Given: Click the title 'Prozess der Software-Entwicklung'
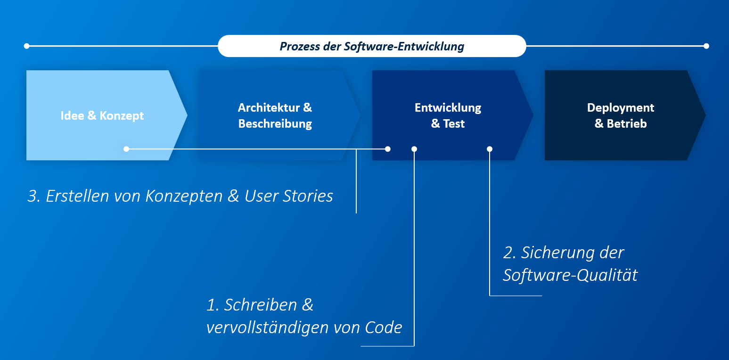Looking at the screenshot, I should (x=372, y=46).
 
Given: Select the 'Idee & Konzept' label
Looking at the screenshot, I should (x=102, y=115).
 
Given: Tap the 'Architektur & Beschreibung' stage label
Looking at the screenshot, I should (x=275, y=115).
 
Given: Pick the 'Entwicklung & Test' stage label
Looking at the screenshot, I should (x=448, y=115).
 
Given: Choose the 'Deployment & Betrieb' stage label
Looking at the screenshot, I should (x=621, y=115).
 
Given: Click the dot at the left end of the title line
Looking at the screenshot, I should (x=26, y=46).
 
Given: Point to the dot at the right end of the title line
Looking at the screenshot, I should (x=706, y=46).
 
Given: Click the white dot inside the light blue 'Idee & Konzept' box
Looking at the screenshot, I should (x=126, y=149).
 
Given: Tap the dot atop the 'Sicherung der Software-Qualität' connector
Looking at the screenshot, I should (x=490, y=149).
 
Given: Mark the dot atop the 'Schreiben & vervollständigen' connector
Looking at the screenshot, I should (x=414, y=149).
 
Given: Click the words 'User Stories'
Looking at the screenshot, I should (x=289, y=196).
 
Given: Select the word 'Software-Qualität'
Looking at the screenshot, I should (x=570, y=275).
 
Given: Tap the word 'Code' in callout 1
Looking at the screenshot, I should (x=384, y=327).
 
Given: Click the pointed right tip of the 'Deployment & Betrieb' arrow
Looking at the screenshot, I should (x=705, y=115).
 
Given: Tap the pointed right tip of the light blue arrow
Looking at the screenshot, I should (x=187, y=115).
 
